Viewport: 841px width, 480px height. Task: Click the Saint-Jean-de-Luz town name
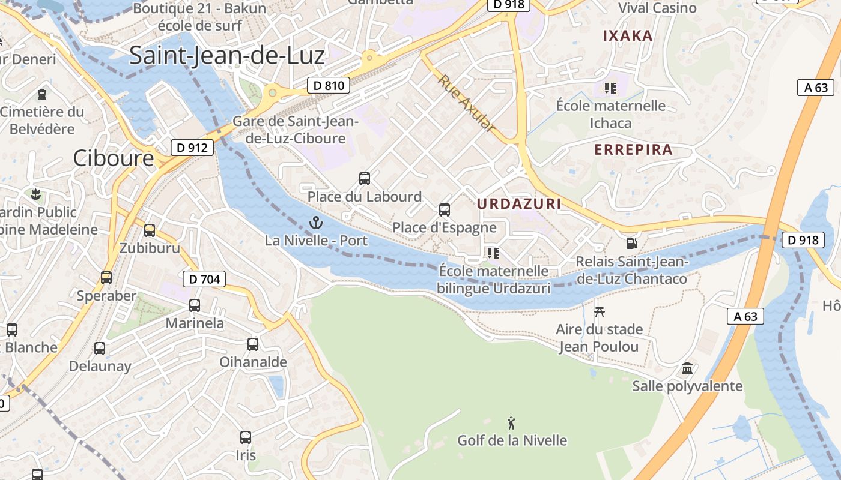(x=226, y=55)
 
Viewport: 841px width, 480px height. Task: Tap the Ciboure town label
(x=114, y=158)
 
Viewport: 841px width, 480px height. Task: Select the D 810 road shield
(x=329, y=85)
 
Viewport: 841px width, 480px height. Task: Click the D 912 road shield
(x=192, y=147)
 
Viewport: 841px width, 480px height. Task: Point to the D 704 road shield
(x=204, y=278)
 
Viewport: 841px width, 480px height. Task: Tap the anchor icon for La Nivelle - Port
(x=315, y=223)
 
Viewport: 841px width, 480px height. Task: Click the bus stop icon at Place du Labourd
(x=365, y=178)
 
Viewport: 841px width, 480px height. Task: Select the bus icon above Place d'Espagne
(x=445, y=209)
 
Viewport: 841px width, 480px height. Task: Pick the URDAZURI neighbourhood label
(x=519, y=204)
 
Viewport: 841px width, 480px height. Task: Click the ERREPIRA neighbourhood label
(x=633, y=150)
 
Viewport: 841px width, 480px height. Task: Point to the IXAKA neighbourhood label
(x=628, y=36)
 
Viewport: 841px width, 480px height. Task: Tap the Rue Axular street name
(x=467, y=103)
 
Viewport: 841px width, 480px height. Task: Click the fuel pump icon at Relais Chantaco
(x=631, y=244)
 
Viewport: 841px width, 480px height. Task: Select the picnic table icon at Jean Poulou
(x=599, y=311)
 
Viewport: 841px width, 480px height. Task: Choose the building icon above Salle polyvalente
(x=687, y=368)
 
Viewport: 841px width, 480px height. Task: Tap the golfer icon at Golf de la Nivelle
(x=512, y=422)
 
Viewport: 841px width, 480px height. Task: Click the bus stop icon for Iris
(x=246, y=437)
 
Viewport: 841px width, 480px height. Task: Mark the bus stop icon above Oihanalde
(x=253, y=344)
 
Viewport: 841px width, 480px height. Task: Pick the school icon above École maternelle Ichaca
(x=610, y=88)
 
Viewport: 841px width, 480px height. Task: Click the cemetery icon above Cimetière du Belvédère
(x=42, y=94)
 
